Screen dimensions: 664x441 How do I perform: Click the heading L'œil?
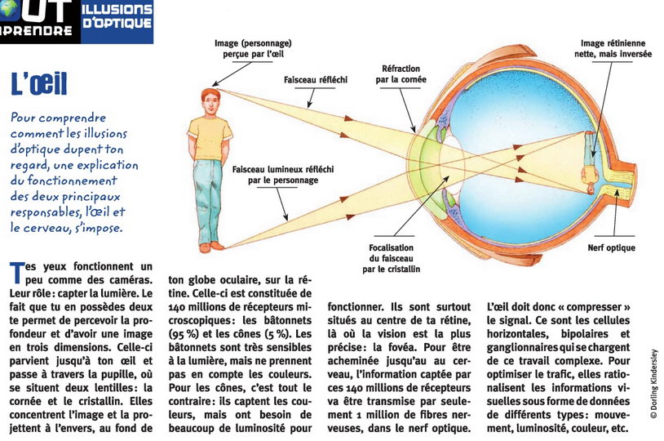point(38,83)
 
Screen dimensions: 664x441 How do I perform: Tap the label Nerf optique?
point(611,248)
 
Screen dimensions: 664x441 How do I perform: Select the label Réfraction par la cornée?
point(401,73)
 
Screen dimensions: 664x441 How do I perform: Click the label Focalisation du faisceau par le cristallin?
point(391,258)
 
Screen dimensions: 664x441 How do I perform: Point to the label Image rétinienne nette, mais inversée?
point(613,48)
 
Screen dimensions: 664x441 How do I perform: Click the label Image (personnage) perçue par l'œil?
point(253,48)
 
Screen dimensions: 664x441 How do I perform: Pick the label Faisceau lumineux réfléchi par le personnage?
point(283,175)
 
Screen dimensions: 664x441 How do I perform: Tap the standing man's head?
point(210,101)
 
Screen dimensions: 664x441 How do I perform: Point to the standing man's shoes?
point(211,247)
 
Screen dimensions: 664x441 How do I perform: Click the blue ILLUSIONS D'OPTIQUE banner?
point(117,21)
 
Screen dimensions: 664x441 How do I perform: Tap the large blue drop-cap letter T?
point(17,272)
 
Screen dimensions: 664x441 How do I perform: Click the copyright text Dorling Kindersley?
point(654,384)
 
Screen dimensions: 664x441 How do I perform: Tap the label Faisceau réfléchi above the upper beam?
point(316,79)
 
